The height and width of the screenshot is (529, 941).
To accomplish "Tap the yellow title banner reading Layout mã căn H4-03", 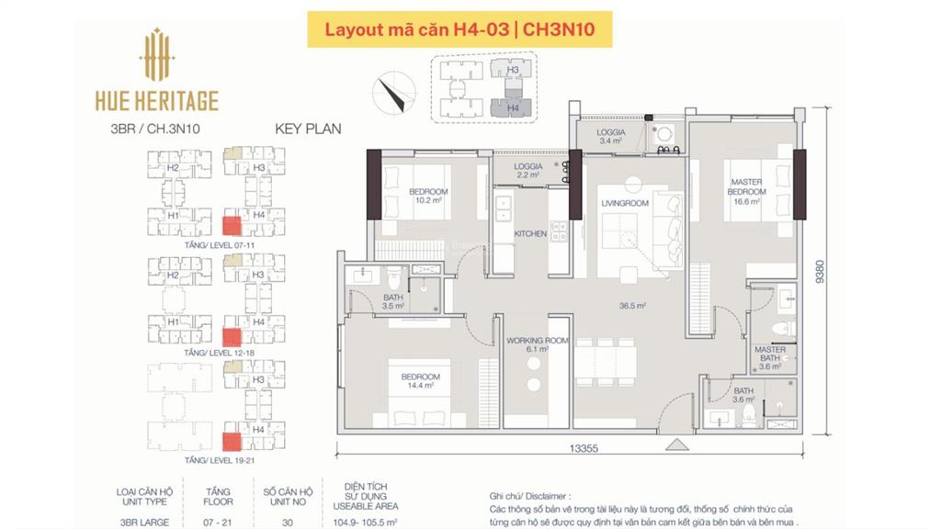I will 459,29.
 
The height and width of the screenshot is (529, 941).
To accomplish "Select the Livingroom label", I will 625,203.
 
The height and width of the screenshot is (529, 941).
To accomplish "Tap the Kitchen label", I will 530,234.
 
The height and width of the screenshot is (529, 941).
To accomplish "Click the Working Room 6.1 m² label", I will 538,344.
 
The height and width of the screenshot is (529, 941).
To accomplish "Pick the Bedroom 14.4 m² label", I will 420,381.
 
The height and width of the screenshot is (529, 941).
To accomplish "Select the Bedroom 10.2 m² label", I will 428,197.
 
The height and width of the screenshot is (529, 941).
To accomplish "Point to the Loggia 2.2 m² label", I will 527,171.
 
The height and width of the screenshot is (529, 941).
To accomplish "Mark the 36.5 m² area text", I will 632,306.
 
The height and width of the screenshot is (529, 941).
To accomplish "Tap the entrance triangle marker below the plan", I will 677,445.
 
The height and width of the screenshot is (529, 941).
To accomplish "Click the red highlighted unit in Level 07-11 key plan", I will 232,225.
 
